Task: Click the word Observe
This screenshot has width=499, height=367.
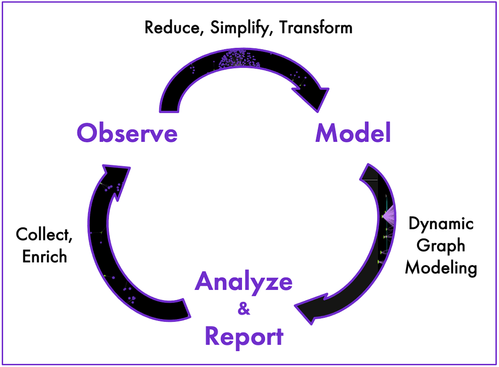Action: pyautogui.click(x=127, y=133)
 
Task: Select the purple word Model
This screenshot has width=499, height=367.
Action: pyautogui.click(x=353, y=133)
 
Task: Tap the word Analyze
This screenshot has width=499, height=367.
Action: pyautogui.click(x=243, y=281)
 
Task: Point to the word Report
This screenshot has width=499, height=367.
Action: pyautogui.click(x=243, y=337)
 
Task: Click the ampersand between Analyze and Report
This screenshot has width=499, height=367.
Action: pyautogui.click(x=243, y=309)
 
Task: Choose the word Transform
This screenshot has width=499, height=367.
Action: pyautogui.click(x=316, y=28)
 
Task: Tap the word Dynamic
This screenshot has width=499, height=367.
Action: pyautogui.click(x=441, y=224)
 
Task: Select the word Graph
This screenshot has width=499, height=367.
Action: pyautogui.click(x=441, y=245)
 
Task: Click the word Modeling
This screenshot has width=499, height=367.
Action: pyautogui.click(x=441, y=267)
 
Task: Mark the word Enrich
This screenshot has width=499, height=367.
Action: pyautogui.click(x=44, y=256)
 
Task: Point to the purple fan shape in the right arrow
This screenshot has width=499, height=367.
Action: pyautogui.click(x=388, y=215)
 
